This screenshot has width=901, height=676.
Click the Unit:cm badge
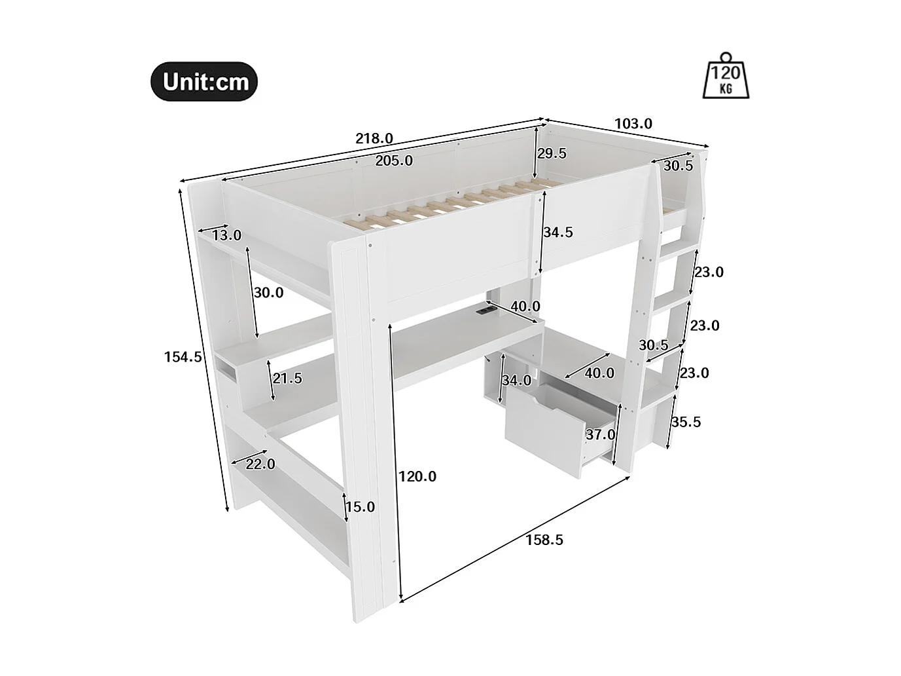[x=205, y=82]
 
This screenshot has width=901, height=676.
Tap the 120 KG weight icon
[x=726, y=77]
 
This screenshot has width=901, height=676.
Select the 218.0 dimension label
[x=374, y=139]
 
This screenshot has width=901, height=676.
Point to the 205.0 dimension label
[x=394, y=160]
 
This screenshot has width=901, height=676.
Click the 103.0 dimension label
[x=633, y=124]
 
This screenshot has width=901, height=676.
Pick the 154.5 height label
[x=183, y=357]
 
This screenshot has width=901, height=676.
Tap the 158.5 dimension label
[x=544, y=540]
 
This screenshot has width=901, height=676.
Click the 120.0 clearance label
[x=417, y=476]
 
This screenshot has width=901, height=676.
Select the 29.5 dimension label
[x=552, y=154]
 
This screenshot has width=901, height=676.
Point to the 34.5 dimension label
[x=558, y=232]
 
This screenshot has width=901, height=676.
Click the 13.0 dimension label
[x=227, y=235]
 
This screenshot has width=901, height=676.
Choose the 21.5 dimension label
[x=288, y=378]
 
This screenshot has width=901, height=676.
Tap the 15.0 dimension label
[x=361, y=507]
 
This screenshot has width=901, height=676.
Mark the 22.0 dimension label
[x=260, y=464]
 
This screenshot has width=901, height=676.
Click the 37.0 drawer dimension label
[x=600, y=434]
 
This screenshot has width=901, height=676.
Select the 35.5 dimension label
[x=686, y=422]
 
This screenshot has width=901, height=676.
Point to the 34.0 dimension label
[x=517, y=380]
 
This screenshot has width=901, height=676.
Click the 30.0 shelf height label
[x=269, y=293]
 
